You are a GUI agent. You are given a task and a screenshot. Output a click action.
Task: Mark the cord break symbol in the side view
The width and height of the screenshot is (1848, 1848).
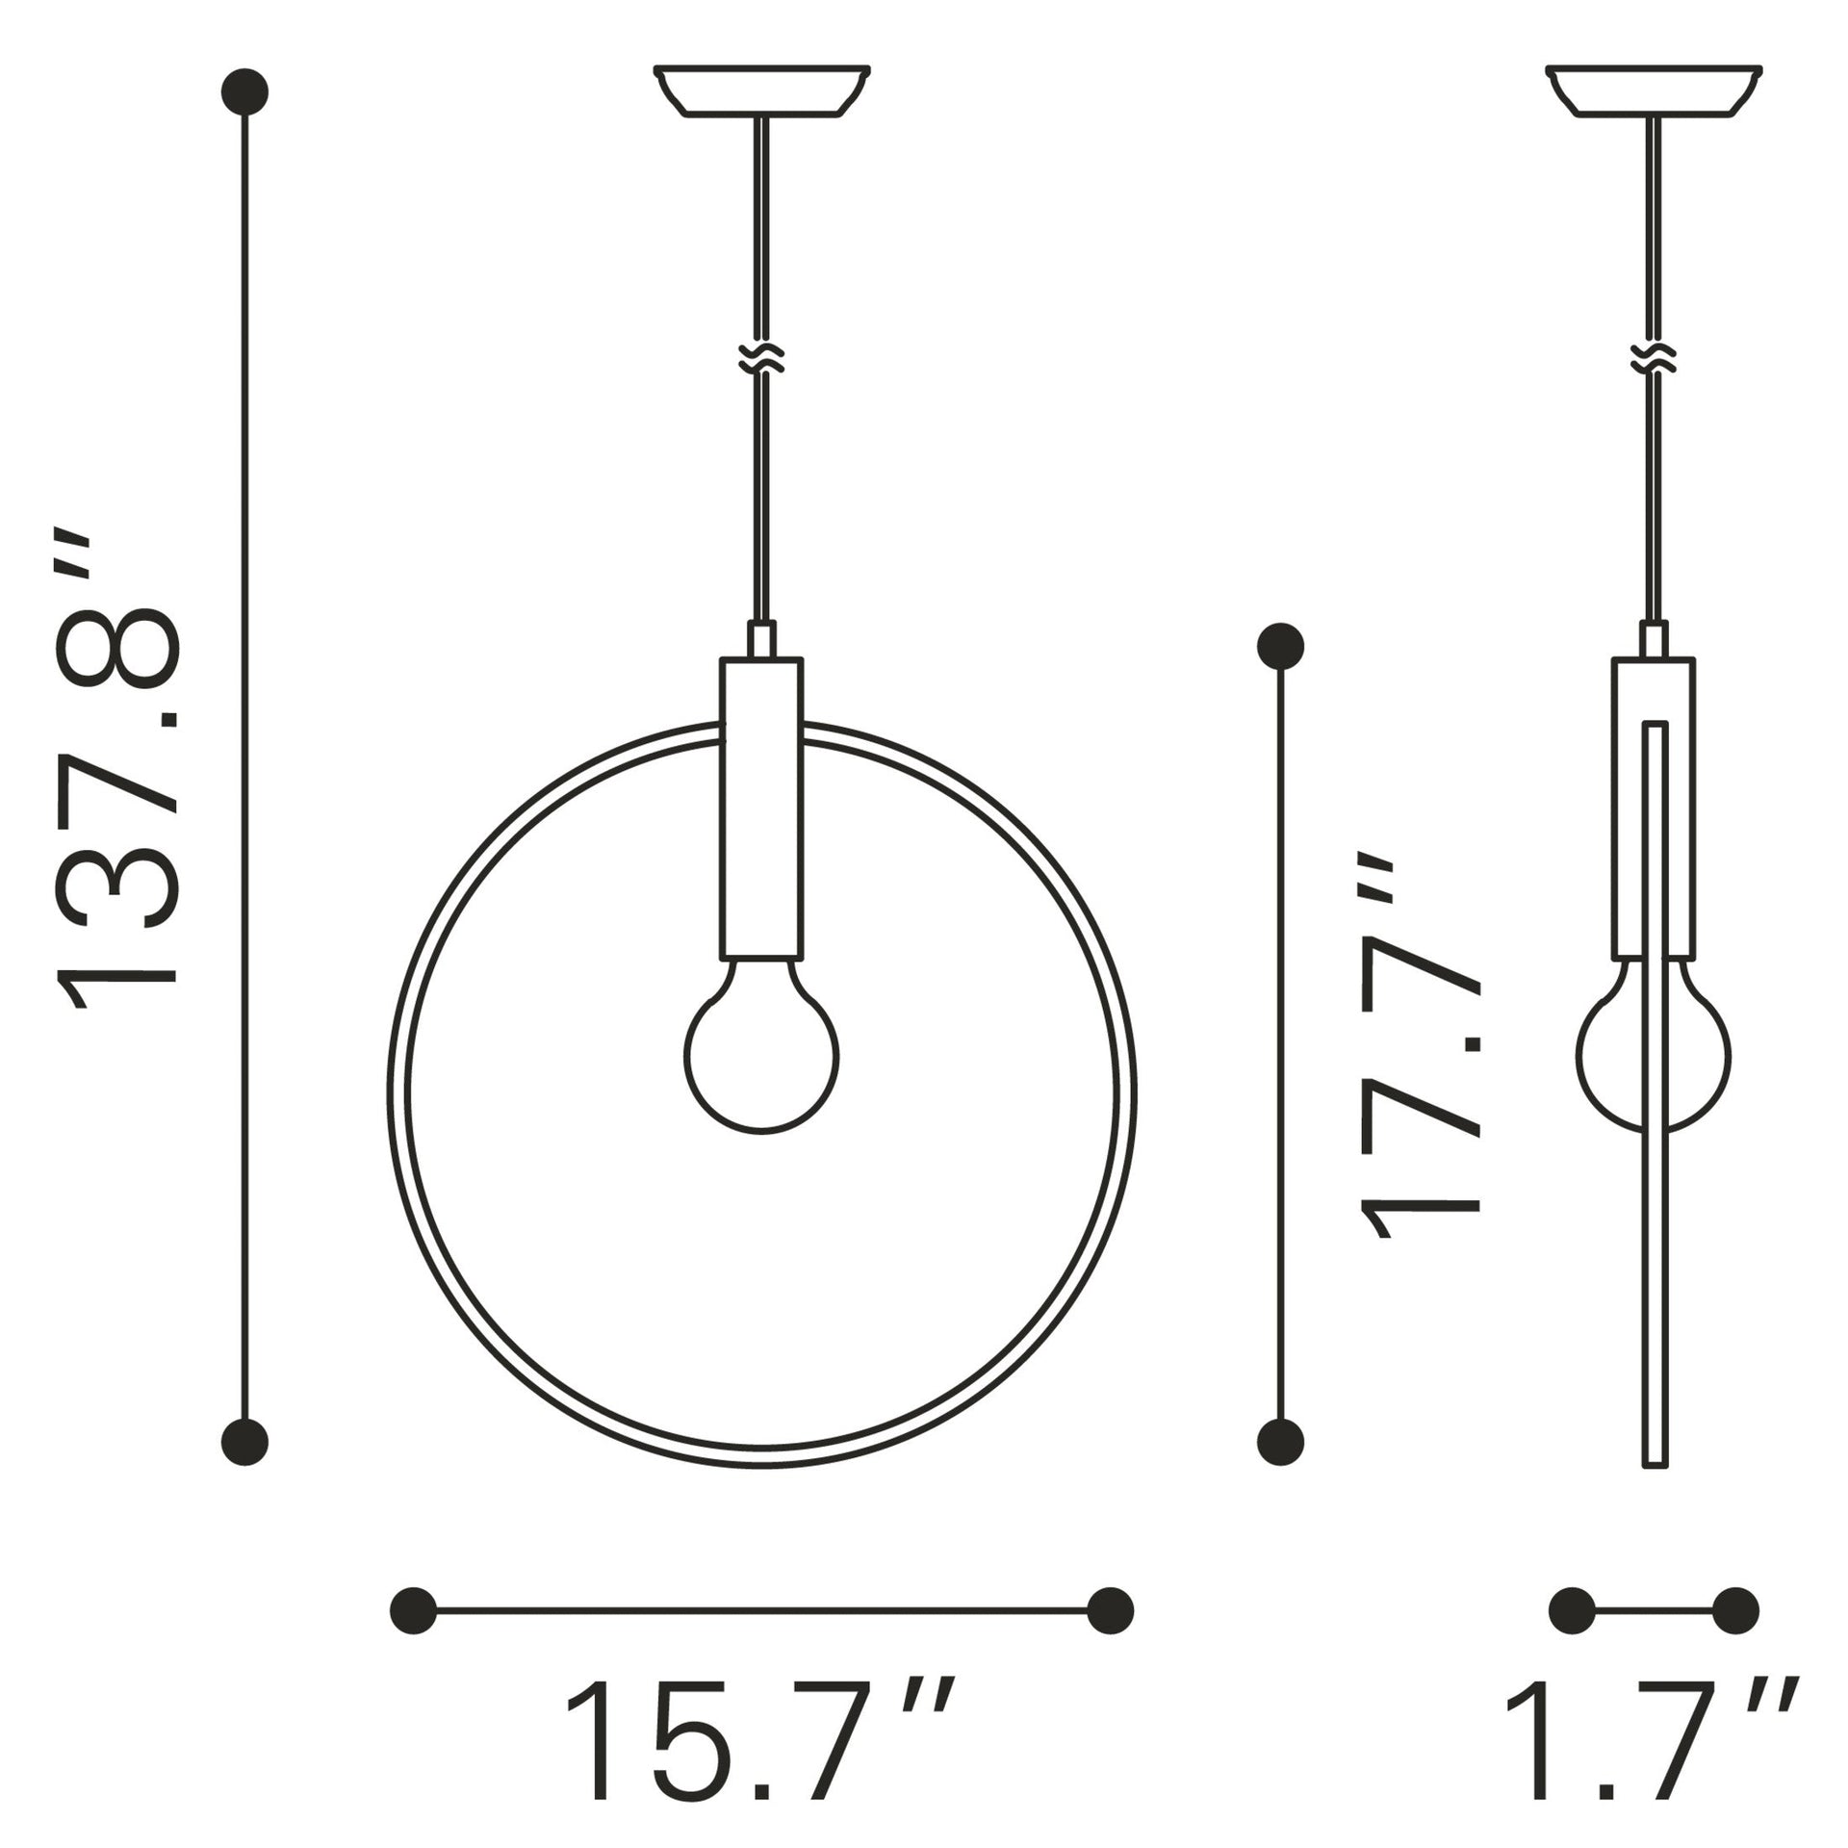coord(1655,359)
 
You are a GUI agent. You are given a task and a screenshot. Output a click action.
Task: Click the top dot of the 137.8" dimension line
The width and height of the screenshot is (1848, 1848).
coord(244,91)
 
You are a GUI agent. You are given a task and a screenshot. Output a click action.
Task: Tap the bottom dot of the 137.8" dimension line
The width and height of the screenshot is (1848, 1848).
coord(244,1469)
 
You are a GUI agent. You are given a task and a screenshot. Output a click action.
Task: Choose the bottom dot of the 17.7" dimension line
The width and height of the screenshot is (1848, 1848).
coord(1281,1469)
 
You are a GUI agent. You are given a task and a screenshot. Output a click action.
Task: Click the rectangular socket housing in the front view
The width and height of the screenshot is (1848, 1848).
coord(761,808)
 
